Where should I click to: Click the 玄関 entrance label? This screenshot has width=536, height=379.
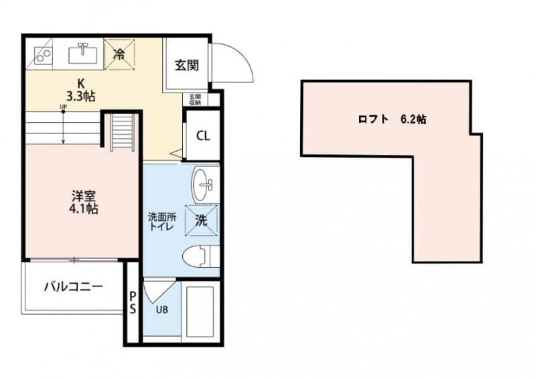point(186,65)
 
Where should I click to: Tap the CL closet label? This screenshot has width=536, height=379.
point(203,135)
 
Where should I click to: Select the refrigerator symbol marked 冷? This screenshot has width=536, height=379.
point(119,54)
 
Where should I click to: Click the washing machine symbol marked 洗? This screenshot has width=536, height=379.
point(202,219)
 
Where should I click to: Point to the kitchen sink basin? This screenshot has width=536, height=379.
point(84,52)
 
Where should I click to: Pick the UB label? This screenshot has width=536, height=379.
point(162,310)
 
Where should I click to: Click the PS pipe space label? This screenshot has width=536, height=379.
point(133,303)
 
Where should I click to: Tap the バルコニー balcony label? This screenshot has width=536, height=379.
point(73,287)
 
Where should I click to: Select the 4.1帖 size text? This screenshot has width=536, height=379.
point(84,209)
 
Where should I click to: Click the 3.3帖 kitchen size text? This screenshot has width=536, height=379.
point(80,96)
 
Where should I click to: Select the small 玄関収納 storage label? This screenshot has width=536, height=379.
point(194,100)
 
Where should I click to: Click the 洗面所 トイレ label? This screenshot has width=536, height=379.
point(161,221)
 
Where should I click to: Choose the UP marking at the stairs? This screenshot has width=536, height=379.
point(63,107)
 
